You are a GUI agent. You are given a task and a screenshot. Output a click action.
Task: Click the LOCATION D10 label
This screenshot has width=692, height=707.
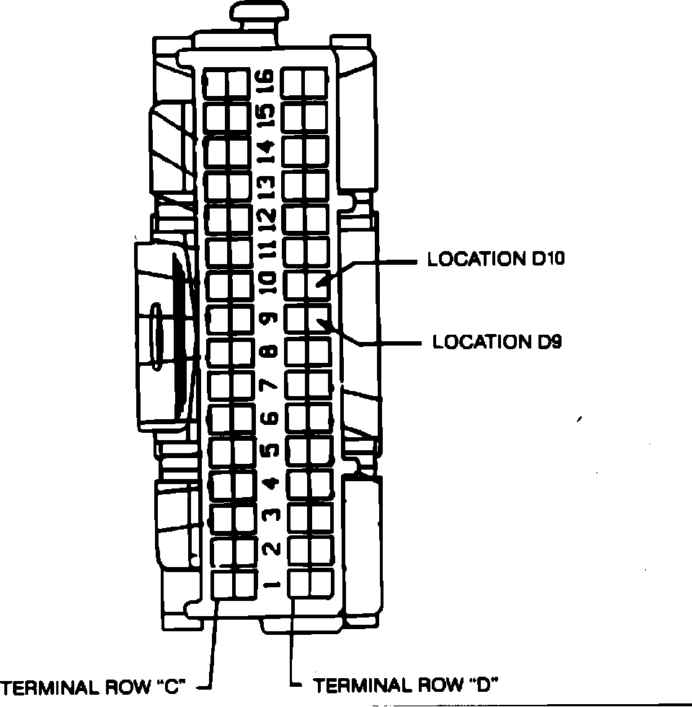(x=495, y=259)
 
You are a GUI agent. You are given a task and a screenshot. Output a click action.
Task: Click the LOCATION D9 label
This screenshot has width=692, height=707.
(x=497, y=341)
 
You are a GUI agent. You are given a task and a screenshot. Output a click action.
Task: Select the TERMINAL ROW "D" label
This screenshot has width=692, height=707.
(x=407, y=685)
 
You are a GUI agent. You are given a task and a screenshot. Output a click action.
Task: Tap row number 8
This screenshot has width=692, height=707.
(x=270, y=352)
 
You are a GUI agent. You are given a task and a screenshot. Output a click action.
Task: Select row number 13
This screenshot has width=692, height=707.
(x=267, y=185)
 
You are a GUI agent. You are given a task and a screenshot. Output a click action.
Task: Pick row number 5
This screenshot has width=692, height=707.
(x=270, y=451)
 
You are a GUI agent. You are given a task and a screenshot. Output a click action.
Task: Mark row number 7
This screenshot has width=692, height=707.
(x=270, y=385)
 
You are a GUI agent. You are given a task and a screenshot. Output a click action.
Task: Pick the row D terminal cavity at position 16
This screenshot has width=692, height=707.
(x=304, y=83)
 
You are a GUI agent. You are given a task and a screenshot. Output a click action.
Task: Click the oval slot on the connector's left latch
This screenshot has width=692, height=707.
(x=156, y=338)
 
